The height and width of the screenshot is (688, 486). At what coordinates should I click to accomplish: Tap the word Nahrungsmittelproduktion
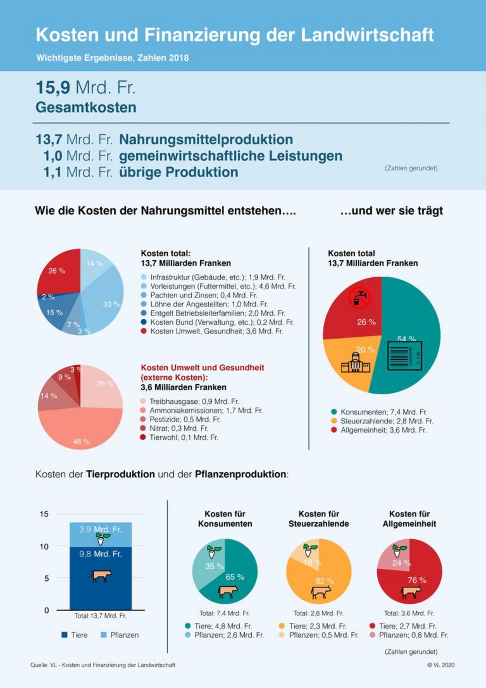[206, 140]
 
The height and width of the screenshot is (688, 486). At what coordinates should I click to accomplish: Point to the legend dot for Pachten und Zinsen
[144, 295]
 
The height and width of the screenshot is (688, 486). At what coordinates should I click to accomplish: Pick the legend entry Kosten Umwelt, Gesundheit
[217, 331]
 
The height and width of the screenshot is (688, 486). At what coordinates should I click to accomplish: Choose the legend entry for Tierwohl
[184, 437]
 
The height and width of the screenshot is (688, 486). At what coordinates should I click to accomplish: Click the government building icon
[355, 363]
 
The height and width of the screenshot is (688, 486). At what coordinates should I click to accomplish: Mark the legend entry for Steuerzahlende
[387, 421]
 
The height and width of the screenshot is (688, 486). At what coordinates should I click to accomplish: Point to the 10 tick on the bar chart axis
[44, 547]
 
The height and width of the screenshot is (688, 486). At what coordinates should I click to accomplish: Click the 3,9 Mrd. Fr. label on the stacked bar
[100, 529]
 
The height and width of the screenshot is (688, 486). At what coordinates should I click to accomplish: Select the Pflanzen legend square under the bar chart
[103, 635]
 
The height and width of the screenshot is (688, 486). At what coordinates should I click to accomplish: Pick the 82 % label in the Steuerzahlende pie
[325, 581]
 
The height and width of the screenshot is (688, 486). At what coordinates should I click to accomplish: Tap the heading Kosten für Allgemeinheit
[409, 519]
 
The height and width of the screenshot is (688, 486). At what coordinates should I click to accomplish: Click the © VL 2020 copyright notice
[441, 665]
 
